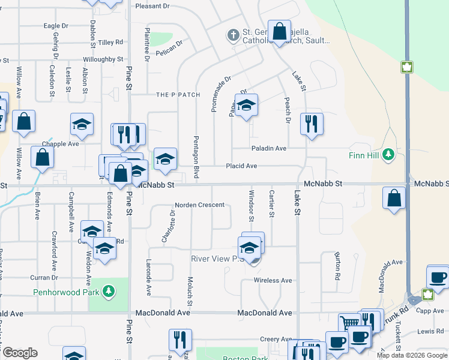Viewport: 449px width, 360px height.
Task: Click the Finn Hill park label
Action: pyautogui.click(x=365, y=155)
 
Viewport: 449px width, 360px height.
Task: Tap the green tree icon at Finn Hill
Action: pyautogui.click(x=388, y=155)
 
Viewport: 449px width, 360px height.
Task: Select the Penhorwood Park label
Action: pyautogui.click(x=66, y=292)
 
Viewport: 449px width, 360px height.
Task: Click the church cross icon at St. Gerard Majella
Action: pyautogui.click(x=233, y=35)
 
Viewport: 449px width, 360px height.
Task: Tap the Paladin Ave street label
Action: pyautogui.click(x=268, y=148)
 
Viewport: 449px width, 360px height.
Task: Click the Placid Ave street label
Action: pyautogui.click(x=241, y=166)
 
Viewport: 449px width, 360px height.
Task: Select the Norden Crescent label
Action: pyautogui.click(x=199, y=205)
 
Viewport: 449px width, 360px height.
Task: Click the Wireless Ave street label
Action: pyautogui.click(x=273, y=280)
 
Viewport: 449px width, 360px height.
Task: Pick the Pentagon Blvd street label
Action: pyautogui.click(x=196, y=156)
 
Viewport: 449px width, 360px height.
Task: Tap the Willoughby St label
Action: pyautogui.click(x=103, y=60)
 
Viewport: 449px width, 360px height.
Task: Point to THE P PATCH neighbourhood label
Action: pyautogui.click(x=178, y=95)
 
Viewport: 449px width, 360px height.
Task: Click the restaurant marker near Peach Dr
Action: pyautogui.click(x=312, y=124)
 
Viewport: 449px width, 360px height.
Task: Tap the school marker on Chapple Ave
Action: pyautogui.click(x=82, y=125)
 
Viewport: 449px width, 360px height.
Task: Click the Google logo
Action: pyautogui.click(x=20, y=353)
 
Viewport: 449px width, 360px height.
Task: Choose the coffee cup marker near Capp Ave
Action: pyautogui.click(x=438, y=278)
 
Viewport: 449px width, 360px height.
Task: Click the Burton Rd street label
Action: pyautogui.click(x=337, y=268)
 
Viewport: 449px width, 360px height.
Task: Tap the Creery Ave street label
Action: pyautogui.click(x=276, y=340)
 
